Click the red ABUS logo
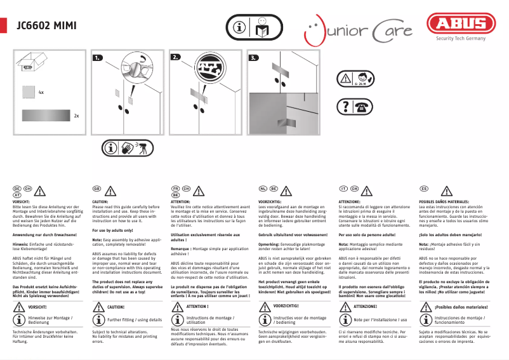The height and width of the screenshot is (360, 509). click(x=461, y=25)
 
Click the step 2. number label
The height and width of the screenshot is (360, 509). click(x=176, y=58)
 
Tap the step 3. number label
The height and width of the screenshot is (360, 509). click(x=254, y=58)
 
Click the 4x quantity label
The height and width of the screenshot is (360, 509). click(x=41, y=93)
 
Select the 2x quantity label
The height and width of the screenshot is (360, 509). click(x=76, y=116)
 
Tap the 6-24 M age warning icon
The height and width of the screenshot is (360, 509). click(x=360, y=79)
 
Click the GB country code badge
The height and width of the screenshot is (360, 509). click(x=97, y=189)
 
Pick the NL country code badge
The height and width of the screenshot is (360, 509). click(x=263, y=189)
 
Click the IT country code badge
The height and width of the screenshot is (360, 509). click(x=343, y=189)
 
